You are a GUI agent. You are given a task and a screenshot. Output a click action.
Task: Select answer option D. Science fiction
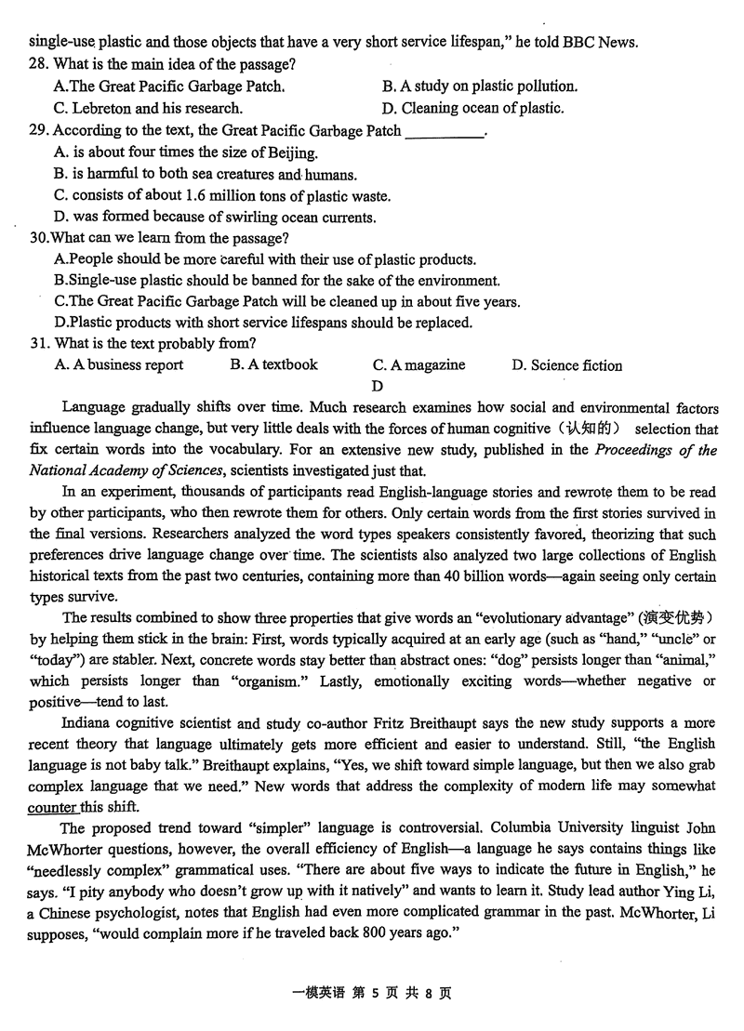(566, 365)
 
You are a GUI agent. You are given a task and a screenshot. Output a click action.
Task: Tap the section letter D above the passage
(377, 386)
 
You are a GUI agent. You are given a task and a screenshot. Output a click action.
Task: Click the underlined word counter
(51, 806)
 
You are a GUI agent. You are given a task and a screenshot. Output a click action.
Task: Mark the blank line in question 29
(445, 132)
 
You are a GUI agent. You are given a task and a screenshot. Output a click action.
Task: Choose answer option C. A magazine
(418, 365)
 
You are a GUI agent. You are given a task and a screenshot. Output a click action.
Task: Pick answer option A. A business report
(118, 364)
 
